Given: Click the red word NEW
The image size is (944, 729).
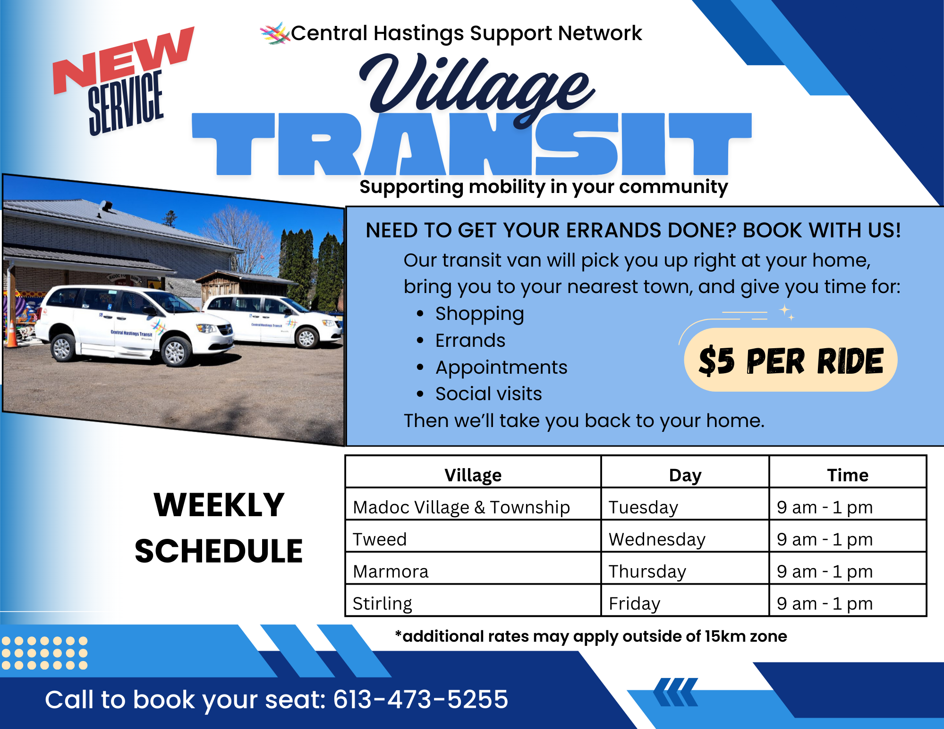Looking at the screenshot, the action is coord(124,60).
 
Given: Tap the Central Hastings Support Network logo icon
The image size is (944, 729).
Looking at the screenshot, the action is coord(275,34).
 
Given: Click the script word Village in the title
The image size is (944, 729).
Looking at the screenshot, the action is coord(477,90).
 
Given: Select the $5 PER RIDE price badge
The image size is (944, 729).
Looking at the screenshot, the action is coord(791,360).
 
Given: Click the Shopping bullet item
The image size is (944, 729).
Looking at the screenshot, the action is coord(479,314).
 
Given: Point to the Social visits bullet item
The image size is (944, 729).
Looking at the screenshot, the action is coord(488,394).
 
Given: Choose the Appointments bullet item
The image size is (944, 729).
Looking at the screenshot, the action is coord(501,368).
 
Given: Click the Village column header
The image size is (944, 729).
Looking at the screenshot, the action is coord(473,475).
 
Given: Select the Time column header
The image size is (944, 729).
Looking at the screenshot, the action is coord(848,475).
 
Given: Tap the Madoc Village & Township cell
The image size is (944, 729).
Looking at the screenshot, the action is coord(461,507).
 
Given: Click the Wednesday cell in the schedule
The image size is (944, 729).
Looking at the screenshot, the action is coord(657,539).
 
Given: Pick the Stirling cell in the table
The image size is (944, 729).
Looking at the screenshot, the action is coord(382,603).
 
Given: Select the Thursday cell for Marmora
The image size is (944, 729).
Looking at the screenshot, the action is coord(647,571).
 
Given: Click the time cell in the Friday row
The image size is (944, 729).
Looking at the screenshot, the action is coord(825,603).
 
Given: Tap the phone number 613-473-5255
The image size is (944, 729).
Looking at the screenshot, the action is coord(420,699).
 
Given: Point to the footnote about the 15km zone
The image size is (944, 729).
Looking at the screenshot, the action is coord(591,637).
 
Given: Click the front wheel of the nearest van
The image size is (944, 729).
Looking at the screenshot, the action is coord(174,352).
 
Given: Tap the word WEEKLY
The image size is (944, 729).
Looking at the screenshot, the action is coord(219,505).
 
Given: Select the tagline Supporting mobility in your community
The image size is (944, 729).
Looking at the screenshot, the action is coord(544,187).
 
